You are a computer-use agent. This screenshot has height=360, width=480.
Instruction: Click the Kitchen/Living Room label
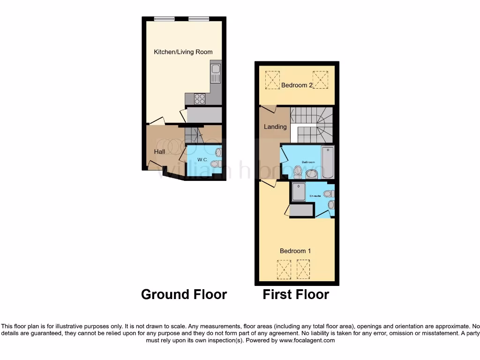[x=183, y=52]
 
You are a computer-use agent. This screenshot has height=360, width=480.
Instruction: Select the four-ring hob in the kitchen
[x=200, y=98]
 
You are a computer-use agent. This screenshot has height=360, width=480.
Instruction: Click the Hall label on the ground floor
[x=159, y=152]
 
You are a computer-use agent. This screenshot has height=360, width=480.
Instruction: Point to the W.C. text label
[x=202, y=160]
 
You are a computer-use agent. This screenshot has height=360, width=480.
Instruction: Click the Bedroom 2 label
[x=297, y=85]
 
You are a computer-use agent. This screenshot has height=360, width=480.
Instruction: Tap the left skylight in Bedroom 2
[x=272, y=80]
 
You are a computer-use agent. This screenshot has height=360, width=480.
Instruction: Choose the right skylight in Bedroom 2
[x=320, y=80]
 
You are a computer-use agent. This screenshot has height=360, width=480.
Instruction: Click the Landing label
[x=275, y=127]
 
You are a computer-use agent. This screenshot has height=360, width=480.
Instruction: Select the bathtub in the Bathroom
[x=328, y=162]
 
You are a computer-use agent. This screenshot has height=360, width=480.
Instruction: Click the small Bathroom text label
[x=308, y=162]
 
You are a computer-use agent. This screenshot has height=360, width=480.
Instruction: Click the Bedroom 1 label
[x=295, y=251]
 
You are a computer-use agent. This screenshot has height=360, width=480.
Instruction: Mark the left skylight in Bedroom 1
[x=284, y=270]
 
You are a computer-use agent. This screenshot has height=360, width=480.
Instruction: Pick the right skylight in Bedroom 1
[x=303, y=270]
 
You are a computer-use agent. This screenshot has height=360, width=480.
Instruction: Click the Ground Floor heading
[x=184, y=294]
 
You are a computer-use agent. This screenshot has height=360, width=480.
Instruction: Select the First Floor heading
[x=296, y=294]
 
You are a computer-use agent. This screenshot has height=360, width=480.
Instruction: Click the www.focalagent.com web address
[x=307, y=340]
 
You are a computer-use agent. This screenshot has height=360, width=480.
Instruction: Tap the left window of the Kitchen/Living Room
[x=164, y=19]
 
